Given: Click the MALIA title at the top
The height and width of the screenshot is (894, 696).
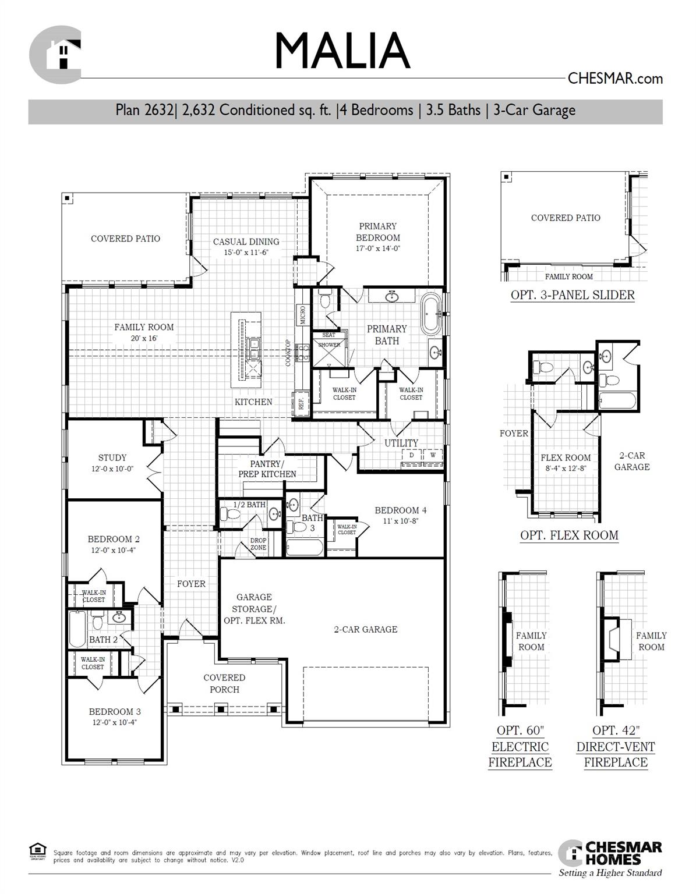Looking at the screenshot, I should (x=342, y=51).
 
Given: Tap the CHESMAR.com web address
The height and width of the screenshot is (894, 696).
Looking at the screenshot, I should (x=615, y=79).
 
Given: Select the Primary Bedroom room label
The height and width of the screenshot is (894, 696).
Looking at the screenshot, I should (x=377, y=232).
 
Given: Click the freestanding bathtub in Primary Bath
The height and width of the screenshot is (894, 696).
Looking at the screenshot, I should (x=431, y=315).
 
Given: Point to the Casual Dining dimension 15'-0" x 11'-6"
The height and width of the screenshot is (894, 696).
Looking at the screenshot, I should (x=246, y=253).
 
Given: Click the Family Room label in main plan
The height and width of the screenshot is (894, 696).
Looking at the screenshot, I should (x=144, y=327).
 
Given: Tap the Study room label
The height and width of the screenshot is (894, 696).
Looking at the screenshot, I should (x=112, y=457).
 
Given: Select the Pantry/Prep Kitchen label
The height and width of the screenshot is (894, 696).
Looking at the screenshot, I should (x=267, y=469).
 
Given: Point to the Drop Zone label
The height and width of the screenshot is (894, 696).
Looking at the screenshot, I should (x=258, y=544).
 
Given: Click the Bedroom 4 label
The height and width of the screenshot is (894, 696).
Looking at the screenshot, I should (x=401, y=510).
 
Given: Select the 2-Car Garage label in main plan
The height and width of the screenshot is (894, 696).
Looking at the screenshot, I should (x=365, y=629).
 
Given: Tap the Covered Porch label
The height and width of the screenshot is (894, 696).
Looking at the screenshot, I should (x=224, y=683).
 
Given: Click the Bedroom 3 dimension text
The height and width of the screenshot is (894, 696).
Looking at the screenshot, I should (x=115, y=722).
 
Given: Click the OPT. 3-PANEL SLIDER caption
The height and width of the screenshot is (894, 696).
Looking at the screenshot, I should (x=573, y=295).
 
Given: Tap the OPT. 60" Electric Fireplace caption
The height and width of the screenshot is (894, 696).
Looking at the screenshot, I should (x=520, y=746).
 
